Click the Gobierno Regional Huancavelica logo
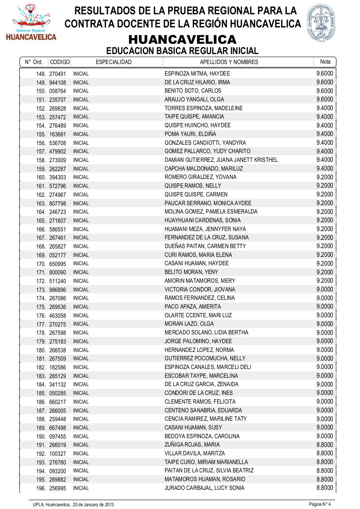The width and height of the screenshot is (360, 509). point(31,22)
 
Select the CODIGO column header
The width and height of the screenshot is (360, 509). point(60,62)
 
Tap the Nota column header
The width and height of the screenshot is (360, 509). point(325,62)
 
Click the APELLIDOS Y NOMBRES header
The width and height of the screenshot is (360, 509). point(229,62)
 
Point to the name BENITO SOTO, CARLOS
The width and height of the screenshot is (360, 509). point(193,91)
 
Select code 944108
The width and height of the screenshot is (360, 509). point(58,82)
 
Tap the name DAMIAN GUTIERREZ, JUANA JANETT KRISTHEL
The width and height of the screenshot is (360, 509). point(221,160)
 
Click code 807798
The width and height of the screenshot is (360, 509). point(58,203)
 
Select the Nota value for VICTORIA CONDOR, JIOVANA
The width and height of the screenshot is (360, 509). point(325,289)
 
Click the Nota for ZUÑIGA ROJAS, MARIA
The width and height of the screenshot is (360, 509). point(325,445)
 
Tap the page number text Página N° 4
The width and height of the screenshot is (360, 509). point(320,504)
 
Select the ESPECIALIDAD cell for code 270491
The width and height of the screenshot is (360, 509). point(81,74)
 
